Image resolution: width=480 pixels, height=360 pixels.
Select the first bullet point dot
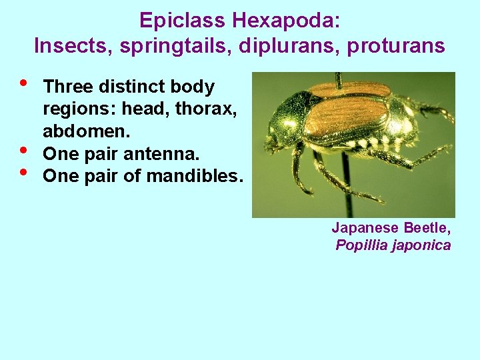point(25,84)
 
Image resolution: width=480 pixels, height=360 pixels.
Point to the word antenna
point(168,154)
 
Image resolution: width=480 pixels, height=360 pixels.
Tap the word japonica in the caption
point(421,245)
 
